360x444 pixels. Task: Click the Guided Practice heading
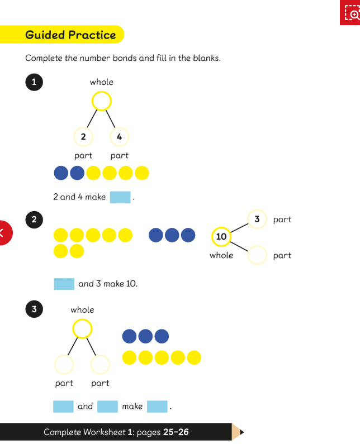pos(70,35)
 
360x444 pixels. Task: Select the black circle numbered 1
pos(34,82)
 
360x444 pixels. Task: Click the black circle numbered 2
pos(34,219)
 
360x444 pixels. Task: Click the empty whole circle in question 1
pos(101,102)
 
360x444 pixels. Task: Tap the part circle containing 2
pos(83,136)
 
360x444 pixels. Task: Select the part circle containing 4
pos(119,136)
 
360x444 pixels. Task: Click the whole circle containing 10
pos(221,236)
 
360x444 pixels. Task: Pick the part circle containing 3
pos(257,219)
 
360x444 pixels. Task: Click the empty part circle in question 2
pos(257,255)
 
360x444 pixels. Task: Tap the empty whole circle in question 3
pos(82,328)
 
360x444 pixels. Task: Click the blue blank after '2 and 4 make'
pos(120,197)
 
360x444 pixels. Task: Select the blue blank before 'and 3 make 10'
pos(64,284)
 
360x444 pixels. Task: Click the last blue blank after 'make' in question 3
pos(157,407)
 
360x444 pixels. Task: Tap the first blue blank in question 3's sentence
pos(63,407)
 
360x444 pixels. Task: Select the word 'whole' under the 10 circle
pos(221,255)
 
